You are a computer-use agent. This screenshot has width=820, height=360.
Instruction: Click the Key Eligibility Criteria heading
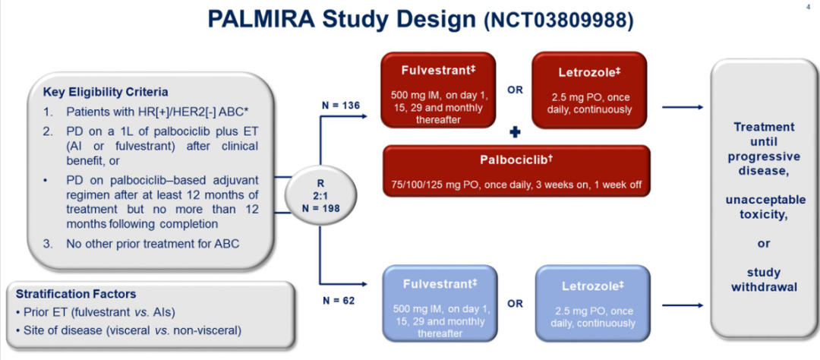pos(106,93)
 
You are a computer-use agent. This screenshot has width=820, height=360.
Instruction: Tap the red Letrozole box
pos(589,88)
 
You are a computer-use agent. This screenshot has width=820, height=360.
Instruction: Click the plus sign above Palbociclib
pos(514,133)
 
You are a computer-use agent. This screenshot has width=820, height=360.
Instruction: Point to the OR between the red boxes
pos(515,90)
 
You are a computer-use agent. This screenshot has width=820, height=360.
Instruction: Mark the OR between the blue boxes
pos(515,304)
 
